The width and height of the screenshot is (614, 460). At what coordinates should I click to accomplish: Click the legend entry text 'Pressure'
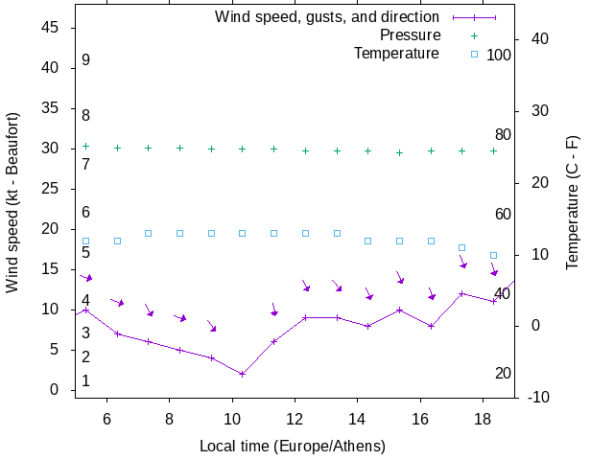point(409,35)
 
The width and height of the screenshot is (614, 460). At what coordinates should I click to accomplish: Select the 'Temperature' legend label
point(396,54)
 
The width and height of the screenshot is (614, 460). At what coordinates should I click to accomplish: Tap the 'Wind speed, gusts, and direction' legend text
point(326,17)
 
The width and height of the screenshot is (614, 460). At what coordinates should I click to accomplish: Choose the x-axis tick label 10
point(232,418)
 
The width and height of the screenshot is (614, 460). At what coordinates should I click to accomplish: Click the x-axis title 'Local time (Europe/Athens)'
point(293,446)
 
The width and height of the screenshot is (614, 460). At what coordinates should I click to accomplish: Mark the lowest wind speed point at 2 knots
point(242,374)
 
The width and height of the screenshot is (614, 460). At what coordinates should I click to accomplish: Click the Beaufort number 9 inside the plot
point(85,60)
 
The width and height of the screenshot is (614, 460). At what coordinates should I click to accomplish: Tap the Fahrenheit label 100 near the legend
point(499,55)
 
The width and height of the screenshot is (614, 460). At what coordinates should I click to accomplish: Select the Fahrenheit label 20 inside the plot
point(503,373)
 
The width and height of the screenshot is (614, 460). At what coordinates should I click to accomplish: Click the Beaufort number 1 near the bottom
point(85,380)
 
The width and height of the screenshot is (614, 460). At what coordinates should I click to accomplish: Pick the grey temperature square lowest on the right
point(493,255)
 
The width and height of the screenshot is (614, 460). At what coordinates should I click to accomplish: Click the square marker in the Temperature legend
point(474,54)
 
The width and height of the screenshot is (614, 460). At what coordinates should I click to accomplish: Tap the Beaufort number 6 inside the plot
point(85,212)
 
